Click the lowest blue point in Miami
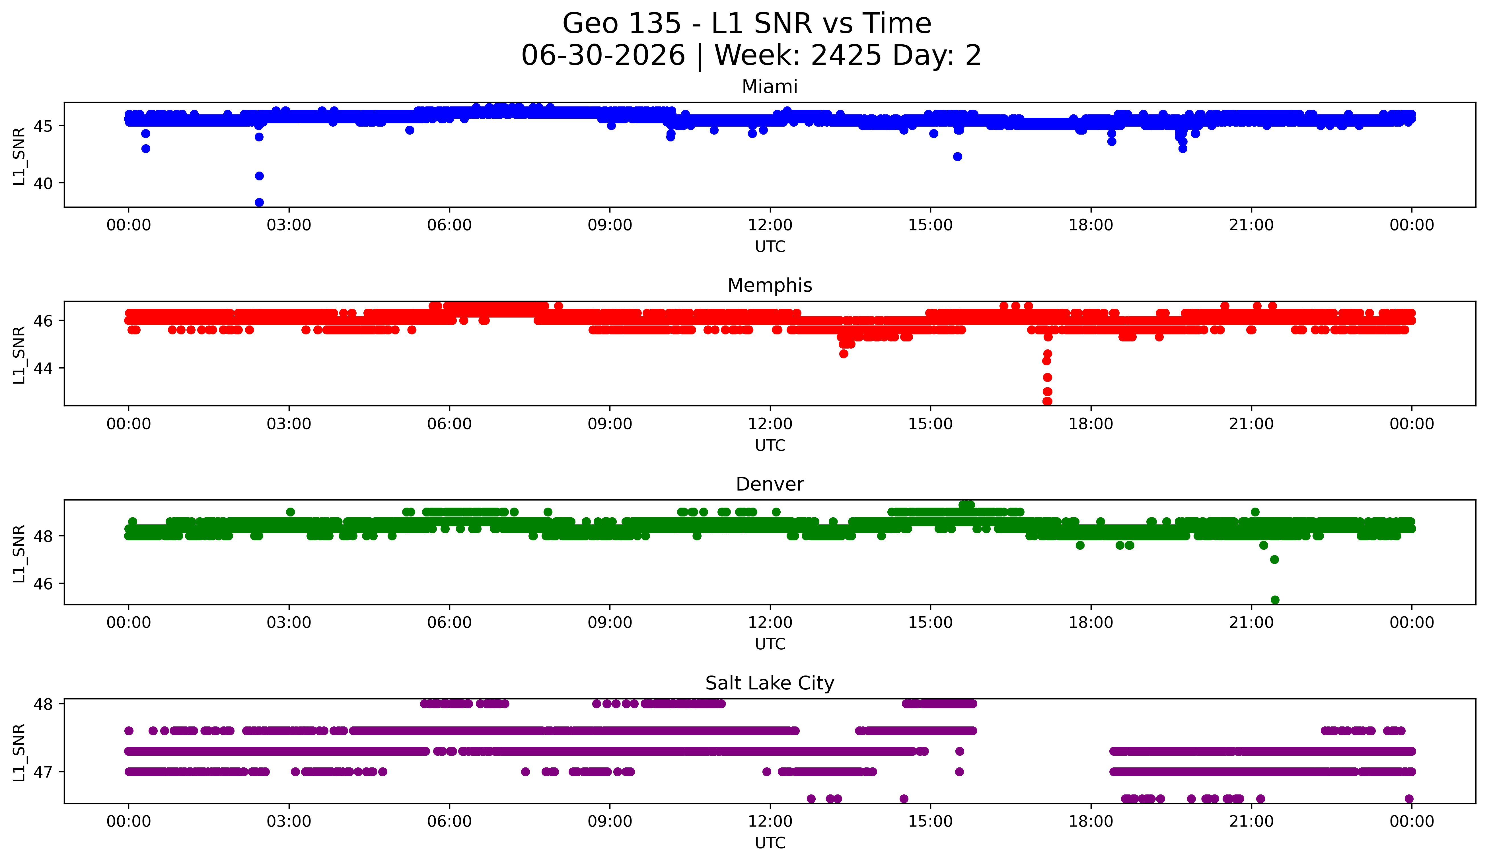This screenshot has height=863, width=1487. pyautogui.click(x=259, y=202)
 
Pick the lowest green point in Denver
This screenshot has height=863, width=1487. pyautogui.click(x=1275, y=600)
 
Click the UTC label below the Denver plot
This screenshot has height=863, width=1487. pyautogui.click(x=770, y=644)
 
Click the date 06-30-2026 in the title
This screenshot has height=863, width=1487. pyautogui.click(x=603, y=55)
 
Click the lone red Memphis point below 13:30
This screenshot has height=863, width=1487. pyautogui.click(x=844, y=354)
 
